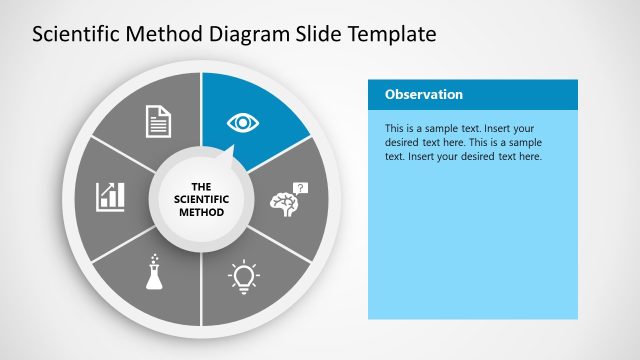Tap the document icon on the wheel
click(x=160, y=122)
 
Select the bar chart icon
click(x=110, y=196)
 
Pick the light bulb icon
click(x=243, y=274)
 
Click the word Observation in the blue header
click(x=423, y=95)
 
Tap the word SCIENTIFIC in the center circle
click(x=201, y=199)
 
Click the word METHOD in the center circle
click(x=201, y=212)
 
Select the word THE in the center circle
click(x=201, y=186)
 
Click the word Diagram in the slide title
click(x=237, y=35)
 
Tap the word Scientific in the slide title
click(x=72, y=35)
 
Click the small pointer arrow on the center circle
click(x=229, y=153)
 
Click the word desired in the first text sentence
click(x=403, y=143)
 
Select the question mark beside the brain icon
click(x=302, y=187)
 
